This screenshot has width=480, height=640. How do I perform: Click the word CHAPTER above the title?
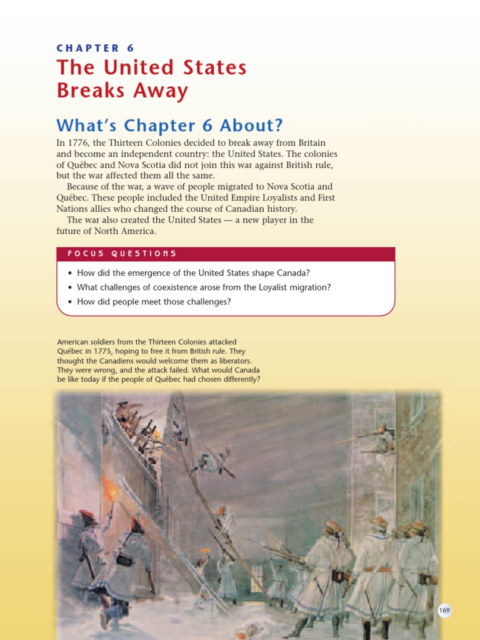87,48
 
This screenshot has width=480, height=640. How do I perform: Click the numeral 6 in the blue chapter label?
130,48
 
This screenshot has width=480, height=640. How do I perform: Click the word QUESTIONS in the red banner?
144,254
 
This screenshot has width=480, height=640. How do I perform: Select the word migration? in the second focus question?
308,287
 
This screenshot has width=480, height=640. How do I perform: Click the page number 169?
444,610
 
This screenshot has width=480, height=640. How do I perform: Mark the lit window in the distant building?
257,578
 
